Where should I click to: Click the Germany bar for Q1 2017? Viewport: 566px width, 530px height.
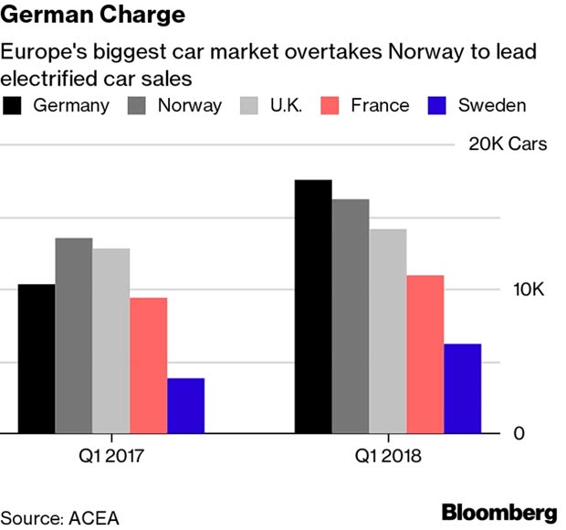coord(37,358)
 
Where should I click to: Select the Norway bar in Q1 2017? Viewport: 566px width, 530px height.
coord(74,335)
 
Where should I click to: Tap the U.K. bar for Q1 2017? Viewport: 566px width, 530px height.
coord(111,341)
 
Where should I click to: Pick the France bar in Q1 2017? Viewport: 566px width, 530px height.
coord(148,366)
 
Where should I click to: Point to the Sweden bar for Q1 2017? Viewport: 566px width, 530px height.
coord(185,406)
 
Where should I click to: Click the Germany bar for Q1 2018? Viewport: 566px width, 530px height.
coord(313,306)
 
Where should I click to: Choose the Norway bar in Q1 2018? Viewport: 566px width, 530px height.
coord(351,316)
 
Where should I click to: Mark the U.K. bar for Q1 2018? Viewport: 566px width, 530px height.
coord(388,331)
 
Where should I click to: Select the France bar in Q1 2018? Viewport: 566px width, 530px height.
coord(425,355)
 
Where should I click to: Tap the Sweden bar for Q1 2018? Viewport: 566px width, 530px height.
coord(462,388)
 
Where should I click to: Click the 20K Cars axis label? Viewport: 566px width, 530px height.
coord(508,144)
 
